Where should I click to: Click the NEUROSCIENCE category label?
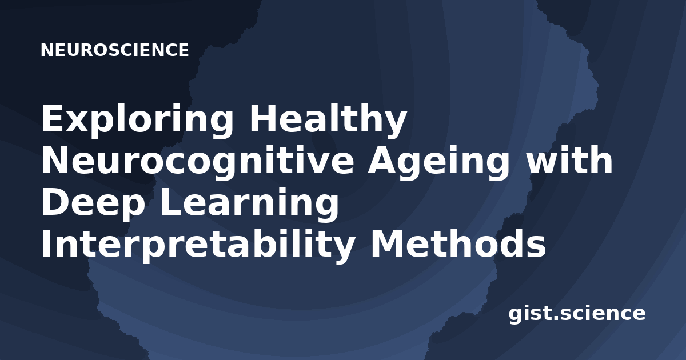[115, 50]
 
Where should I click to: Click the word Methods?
[458, 243]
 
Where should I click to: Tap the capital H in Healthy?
[263, 118]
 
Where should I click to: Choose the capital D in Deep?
[56, 201]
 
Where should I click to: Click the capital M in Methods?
[388, 242]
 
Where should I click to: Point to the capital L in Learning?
[171, 201]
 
